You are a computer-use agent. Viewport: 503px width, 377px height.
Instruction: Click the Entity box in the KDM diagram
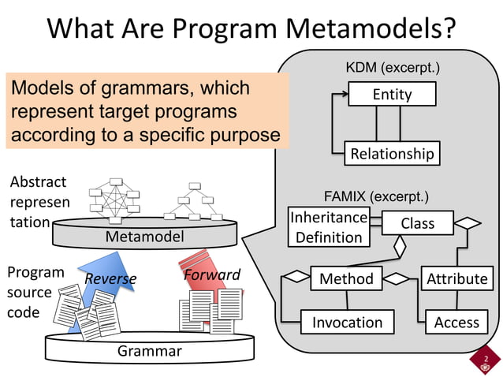392,95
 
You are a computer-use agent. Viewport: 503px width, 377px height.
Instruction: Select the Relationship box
392,153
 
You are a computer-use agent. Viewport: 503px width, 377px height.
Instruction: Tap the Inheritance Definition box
329,226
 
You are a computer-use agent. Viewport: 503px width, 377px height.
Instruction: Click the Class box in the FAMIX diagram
417,223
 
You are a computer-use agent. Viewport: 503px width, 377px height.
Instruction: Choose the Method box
346,278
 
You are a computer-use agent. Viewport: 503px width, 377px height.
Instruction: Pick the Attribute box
456,278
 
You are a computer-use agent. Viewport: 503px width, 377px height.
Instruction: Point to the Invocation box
347,322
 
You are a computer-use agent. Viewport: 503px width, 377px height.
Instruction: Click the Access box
456,322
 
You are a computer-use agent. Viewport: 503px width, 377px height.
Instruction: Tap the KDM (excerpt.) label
393,69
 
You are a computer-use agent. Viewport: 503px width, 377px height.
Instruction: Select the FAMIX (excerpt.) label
376,196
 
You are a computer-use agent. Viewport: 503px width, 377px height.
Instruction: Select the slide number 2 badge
486,363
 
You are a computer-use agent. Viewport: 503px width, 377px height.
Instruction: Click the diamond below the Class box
400,246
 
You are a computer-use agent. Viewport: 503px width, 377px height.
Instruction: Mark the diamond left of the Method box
297,276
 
